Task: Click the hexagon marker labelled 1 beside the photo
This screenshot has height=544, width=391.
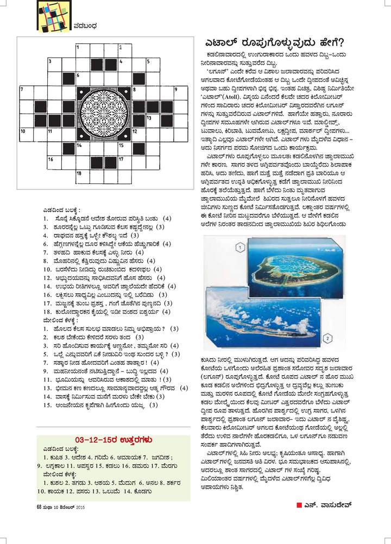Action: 238,248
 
